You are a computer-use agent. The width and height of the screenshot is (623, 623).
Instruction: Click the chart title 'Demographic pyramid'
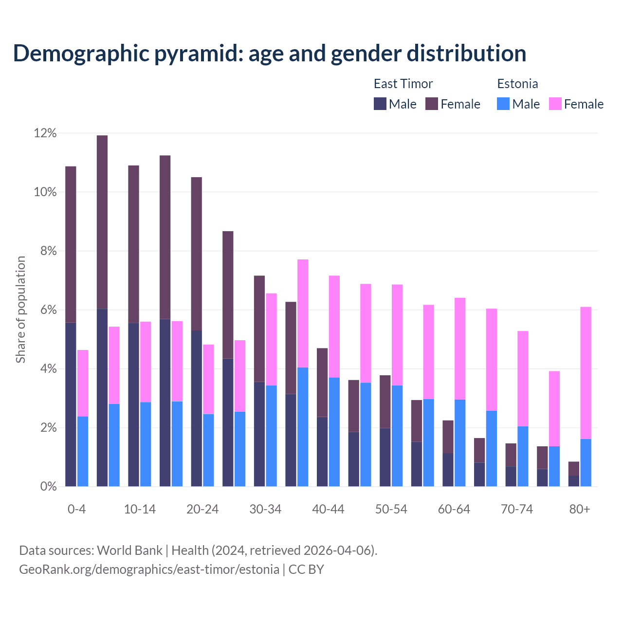pyautogui.click(x=270, y=54)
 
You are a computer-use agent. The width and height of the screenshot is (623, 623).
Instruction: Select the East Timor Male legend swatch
pyautogui.click(x=380, y=104)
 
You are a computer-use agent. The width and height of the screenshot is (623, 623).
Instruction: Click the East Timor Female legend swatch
pyautogui.click(x=432, y=104)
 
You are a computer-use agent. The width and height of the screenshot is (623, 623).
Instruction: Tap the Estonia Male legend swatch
pyautogui.click(x=503, y=104)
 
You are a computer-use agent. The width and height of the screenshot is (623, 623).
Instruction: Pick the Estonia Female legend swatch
pyautogui.click(x=555, y=104)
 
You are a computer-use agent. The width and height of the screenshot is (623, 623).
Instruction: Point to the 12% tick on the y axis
pyautogui.click(x=45, y=133)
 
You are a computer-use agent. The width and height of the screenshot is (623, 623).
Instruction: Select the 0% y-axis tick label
pyautogui.click(x=48, y=487)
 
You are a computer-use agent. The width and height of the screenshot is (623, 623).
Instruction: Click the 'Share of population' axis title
pyautogui.click(x=20, y=310)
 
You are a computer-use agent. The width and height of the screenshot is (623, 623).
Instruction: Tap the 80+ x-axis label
pyautogui.click(x=580, y=509)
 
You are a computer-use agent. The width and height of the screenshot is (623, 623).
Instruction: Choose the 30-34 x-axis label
pyautogui.click(x=265, y=509)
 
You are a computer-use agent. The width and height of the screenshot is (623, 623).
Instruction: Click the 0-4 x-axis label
pyautogui.click(x=77, y=509)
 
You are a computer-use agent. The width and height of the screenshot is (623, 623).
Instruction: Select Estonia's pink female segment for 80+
pyautogui.click(x=586, y=373)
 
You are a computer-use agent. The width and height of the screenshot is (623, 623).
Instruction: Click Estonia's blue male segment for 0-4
pyautogui.click(x=83, y=451)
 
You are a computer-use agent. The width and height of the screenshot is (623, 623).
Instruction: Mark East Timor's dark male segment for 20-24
pyautogui.click(x=197, y=408)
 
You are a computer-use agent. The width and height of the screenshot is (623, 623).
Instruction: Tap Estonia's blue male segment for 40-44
pyautogui.click(x=334, y=432)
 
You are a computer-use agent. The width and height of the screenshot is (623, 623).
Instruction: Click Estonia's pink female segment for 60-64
pyautogui.click(x=460, y=348)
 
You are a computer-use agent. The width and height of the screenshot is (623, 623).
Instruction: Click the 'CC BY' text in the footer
pyautogui.click(x=306, y=569)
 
